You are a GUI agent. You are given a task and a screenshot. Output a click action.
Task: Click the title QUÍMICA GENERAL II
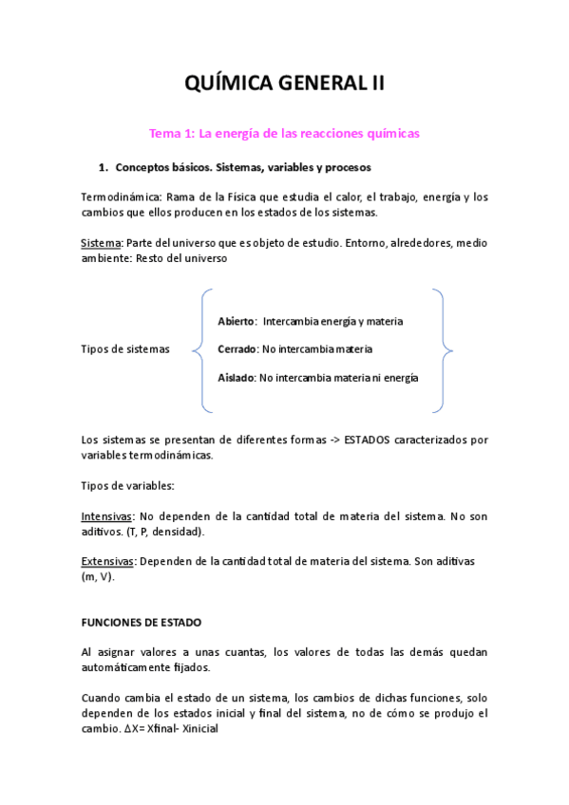point(284,84)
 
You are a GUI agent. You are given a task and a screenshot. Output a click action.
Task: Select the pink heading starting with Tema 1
point(284,134)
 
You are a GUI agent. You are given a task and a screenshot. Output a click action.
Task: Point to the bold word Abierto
point(237,321)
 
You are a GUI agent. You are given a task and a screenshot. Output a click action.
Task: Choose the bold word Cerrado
point(237,349)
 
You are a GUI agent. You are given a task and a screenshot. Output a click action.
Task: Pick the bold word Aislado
point(236,377)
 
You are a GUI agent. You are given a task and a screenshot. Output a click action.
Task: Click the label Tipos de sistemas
point(125,349)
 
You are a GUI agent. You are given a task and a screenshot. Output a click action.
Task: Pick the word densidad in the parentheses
point(178,532)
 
